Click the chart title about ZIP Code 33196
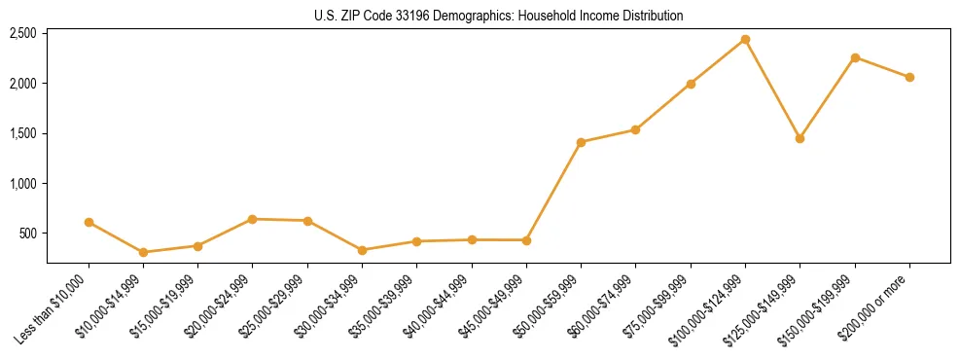[x=498, y=16]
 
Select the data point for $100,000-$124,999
[x=745, y=40]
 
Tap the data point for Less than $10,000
[x=89, y=222]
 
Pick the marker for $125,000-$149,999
[x=800, y=138]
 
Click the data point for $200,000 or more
[x=909, y=77]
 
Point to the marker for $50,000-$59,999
[x=581, y=142]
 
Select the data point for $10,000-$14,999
[x=143, y=252]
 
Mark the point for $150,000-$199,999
[x=855, y=57]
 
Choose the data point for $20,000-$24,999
[x=253, y=219]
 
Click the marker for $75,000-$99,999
[x=691, y=84]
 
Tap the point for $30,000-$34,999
[x=362, y=250]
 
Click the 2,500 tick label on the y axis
[x=22, y=34]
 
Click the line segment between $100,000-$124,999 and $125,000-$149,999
[x=772, y=90]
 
